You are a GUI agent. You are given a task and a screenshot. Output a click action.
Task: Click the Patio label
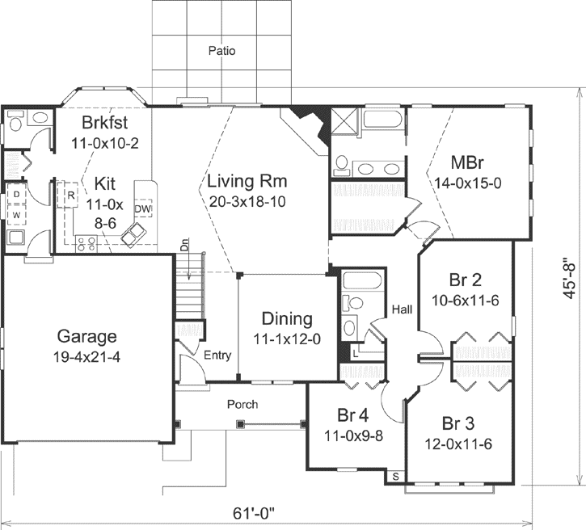coord(221,51)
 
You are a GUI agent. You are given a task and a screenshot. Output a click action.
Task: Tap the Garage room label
coord(86,336)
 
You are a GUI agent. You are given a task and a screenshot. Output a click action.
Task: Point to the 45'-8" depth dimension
coord(571,276)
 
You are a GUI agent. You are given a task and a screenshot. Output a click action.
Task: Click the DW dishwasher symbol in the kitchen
coord(142,210)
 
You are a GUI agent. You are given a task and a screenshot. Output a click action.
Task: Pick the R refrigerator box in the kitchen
coord(71,196)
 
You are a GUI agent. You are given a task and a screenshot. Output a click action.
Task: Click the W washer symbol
coord(16,215)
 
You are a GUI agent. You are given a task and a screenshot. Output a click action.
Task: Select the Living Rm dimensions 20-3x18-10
coord(247,200)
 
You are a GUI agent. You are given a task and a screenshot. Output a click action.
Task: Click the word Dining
coord(286,319)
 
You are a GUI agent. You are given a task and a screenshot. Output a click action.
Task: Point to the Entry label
coord(217,355)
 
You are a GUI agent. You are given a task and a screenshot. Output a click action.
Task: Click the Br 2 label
coord(465,280)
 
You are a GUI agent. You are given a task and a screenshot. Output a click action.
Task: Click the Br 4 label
coord(353,415)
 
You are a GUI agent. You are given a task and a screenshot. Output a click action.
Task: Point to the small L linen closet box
coord(356,351)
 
